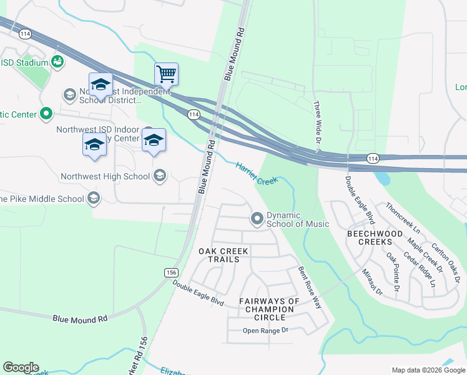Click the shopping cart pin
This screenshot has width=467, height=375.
coord(166,74)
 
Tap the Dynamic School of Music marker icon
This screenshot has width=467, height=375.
coord(257,219)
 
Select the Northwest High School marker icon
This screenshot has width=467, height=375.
coord(160,176)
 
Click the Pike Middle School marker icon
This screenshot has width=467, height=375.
coord(94,199)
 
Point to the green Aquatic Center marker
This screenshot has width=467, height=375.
coord(46,114)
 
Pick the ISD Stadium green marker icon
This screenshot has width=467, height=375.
coord(58,62)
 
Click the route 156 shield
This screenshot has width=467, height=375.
coord(172,272)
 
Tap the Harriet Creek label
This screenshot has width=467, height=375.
coord(257,173)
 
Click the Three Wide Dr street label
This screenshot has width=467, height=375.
coord(317,121)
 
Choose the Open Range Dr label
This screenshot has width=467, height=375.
coord(265,330)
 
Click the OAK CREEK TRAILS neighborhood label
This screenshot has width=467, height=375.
coord(224,255)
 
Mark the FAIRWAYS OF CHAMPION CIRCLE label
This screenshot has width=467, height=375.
coord(270,309)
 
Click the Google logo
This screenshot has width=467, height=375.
coord(21,367)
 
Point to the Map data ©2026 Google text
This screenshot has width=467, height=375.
coord(428,370)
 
